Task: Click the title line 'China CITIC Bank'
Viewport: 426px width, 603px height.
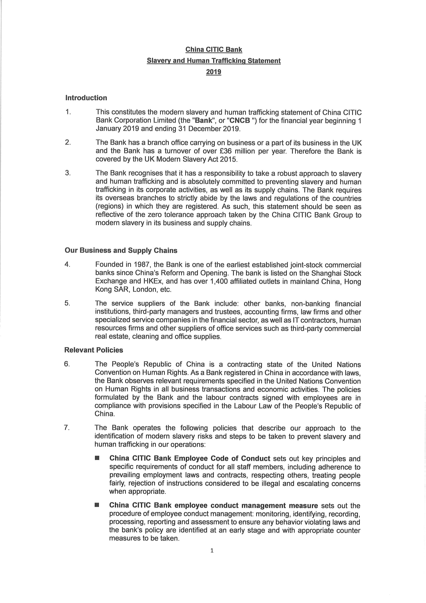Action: point(214,49)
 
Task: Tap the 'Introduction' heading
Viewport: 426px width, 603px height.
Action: point(86,98)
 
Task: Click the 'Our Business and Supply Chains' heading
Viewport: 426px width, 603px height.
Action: point(121,250)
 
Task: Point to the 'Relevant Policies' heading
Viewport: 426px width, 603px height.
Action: point(94,350)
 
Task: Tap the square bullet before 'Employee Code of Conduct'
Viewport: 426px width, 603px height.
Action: point(97,458)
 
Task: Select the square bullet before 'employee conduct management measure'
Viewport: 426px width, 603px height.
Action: point(97,505)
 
